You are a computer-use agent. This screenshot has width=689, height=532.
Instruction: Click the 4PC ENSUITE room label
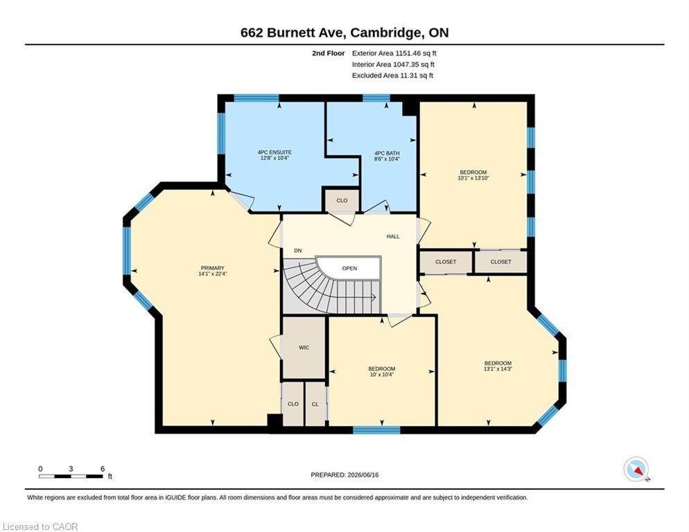coord(274,152)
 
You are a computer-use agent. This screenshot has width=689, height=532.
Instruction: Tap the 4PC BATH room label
coord(387,153)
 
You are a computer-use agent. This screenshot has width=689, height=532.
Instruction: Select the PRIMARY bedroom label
coord(213,268)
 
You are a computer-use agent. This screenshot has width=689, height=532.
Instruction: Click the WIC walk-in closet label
coord(304,348)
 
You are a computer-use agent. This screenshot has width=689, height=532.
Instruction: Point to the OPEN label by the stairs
coord(350,268)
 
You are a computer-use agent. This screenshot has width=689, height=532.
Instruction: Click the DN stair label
coord(298,251)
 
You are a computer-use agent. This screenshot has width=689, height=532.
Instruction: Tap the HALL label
coord(393,236)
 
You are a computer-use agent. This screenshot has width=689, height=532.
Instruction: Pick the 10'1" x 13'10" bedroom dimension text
coord(473,178)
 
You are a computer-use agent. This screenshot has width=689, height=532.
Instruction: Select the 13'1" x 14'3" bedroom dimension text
coord(498,369)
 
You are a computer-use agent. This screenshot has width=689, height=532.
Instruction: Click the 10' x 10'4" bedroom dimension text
coord(381,375)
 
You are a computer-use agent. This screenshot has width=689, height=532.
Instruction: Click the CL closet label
coord(315,404)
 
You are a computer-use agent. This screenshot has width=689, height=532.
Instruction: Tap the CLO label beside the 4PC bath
coord(342,200)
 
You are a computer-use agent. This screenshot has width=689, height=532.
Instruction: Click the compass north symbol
coord(636,469)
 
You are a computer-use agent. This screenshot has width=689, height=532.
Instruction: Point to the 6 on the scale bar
coord(103,469)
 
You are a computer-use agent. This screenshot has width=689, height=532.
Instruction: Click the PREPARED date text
coord(344,475)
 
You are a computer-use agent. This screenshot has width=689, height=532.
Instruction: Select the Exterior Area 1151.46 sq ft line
coord(394,53)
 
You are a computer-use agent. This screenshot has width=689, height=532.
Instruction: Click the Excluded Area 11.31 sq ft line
coord(393,76)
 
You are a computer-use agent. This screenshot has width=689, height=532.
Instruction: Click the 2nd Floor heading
coord(329,53)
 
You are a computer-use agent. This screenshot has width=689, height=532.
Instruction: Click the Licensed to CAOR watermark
coord(40,526)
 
